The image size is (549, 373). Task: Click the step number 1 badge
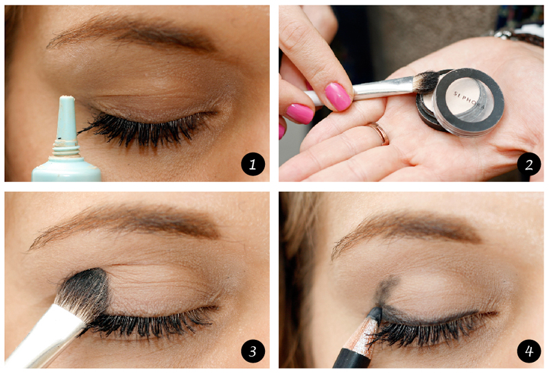(253, 163)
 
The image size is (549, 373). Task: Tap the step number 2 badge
(528, 163)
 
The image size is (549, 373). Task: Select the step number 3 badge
(253, 351)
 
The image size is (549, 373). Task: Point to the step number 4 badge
(528, 351)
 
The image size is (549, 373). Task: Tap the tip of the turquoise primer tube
(67, 98)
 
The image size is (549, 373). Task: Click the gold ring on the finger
(379, 133)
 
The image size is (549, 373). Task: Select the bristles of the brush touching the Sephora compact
(426, 82)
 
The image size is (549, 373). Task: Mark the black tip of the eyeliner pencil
(375, 313)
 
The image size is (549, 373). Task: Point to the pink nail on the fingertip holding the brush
(338, 96)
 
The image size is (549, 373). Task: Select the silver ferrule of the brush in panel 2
(384, 87)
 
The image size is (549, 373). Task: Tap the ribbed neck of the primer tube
(66, 148)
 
